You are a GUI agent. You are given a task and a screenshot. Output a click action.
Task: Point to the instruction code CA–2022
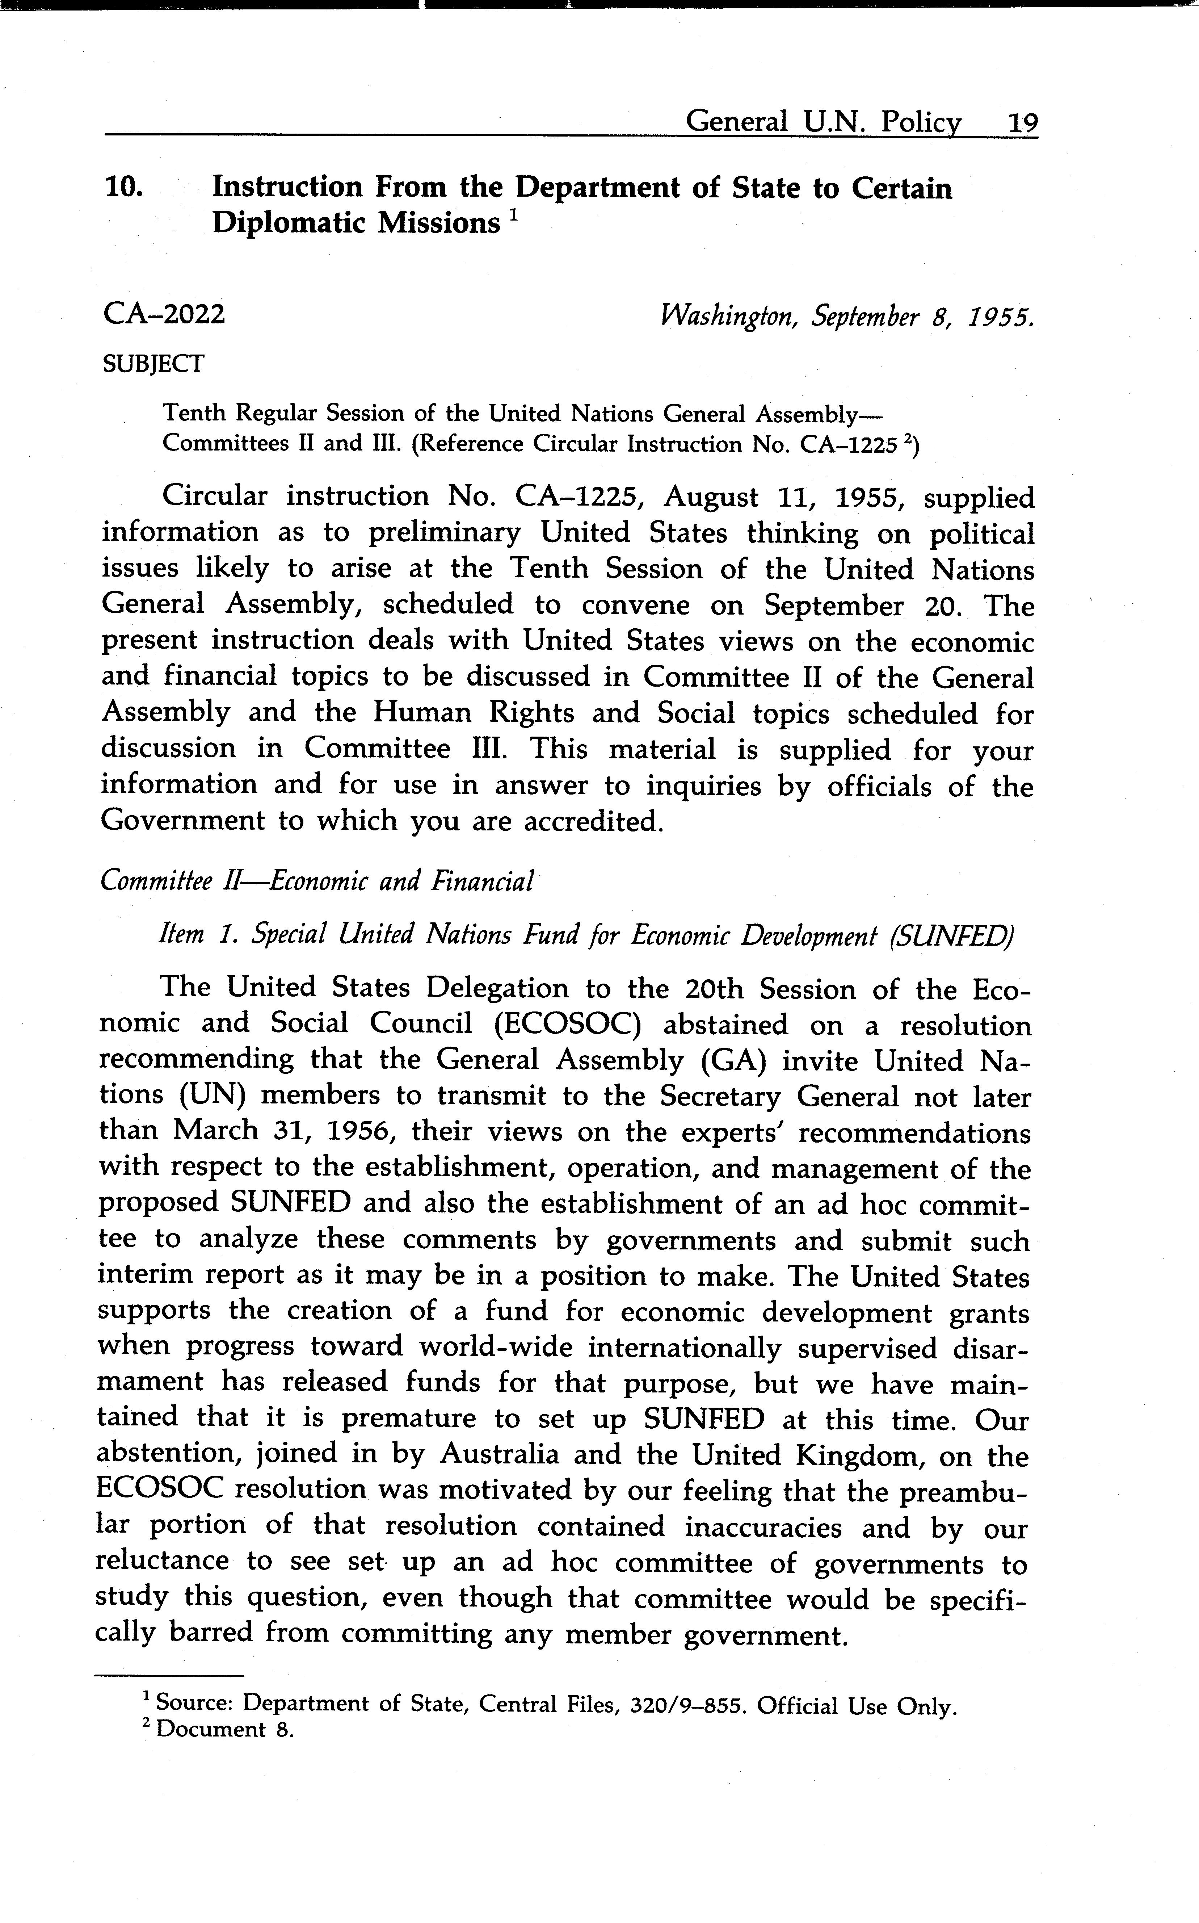[164, 315]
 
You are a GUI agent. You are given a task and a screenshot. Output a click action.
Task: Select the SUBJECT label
[153, 364]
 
